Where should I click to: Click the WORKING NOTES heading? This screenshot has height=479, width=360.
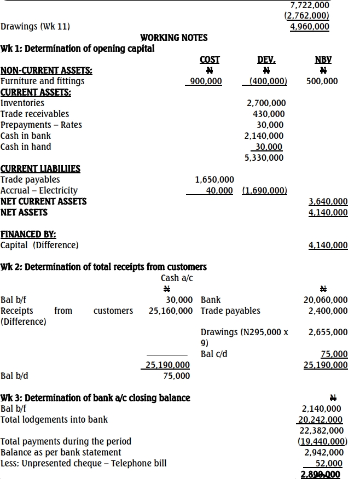174,37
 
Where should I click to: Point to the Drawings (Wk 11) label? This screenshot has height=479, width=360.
36,26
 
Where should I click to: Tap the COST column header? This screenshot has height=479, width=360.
210,60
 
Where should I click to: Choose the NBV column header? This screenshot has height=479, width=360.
323,60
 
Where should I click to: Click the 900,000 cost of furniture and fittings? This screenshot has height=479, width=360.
204,81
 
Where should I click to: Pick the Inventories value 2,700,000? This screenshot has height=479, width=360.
266,103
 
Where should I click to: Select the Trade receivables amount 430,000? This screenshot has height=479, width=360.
269,114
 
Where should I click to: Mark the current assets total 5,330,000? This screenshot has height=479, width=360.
264,157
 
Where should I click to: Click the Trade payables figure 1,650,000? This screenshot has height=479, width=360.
215,179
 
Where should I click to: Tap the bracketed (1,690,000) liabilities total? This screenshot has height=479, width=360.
265,190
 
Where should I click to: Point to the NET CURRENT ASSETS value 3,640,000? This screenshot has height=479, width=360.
328,201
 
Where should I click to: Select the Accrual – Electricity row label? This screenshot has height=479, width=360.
39,190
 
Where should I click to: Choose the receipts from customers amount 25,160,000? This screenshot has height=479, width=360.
171,311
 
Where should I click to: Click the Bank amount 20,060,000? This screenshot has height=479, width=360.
326,300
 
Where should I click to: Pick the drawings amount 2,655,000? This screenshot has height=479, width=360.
328,332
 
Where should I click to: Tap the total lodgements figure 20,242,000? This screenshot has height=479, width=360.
320,419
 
